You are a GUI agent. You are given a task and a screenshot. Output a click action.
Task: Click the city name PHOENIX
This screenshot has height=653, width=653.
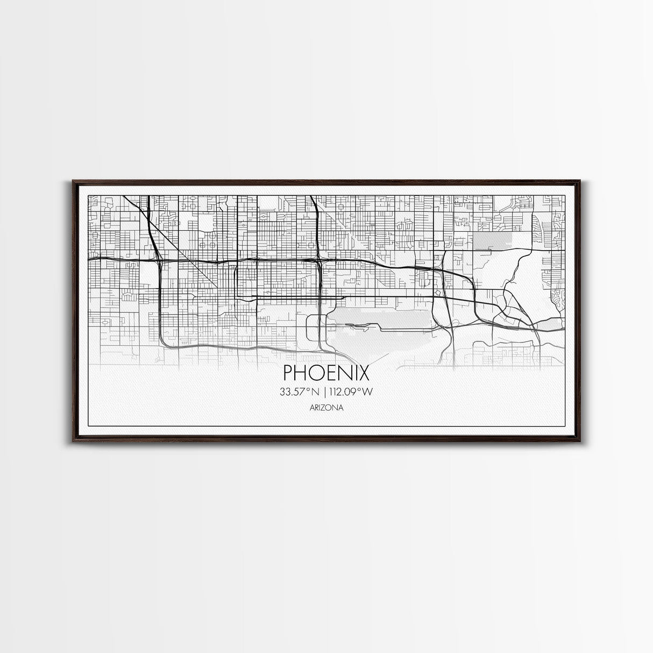[x=326, y=372]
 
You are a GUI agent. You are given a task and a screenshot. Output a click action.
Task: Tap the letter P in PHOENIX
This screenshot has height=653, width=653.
[x=287, y=372]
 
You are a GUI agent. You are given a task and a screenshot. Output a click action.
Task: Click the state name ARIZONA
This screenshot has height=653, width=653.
[x=326, y=408]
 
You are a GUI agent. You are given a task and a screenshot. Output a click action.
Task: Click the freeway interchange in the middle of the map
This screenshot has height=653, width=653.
[x=320, y=262]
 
